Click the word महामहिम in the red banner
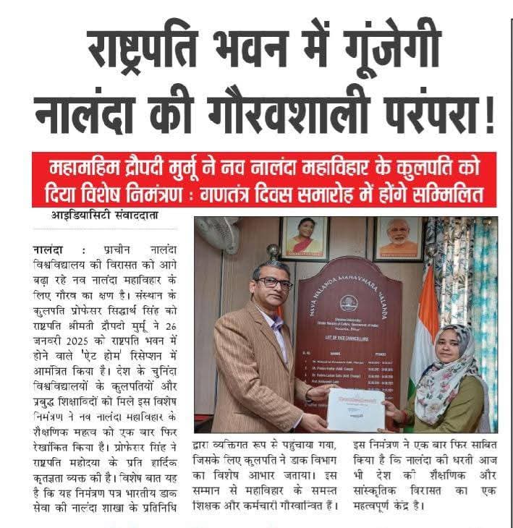(x=87, y=168)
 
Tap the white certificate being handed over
(x=355, y=409)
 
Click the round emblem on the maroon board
(x=348, y=302)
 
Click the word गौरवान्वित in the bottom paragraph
(x=297, y=503)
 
